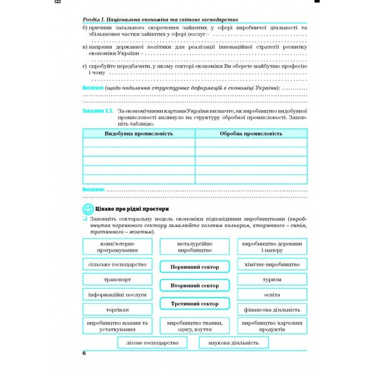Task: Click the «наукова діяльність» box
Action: pyautogui.click(x=234, y=343)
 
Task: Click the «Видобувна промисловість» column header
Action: pyautogui.click(x=138, y=134)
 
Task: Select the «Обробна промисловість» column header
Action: pyautogui.click(x=251, y=134)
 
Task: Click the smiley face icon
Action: pyautogui.click(x=88, y=209)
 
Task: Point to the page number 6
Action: pyautogui.click(x=84, y=354)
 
